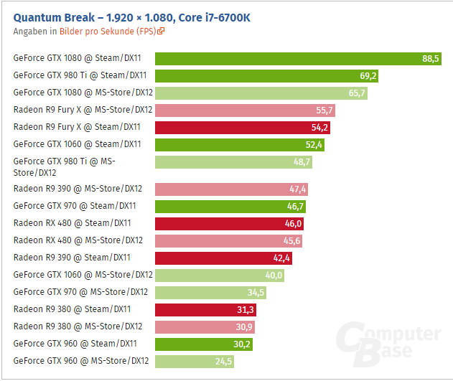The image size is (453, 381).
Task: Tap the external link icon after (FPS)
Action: tap(162, 31)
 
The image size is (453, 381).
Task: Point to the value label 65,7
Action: tap(357, 93)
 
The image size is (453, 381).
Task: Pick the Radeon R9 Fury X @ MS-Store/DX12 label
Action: tap(83, 110)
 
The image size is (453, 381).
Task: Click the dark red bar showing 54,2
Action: tap(243, 127)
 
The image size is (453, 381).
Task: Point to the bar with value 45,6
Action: tap(229, 240)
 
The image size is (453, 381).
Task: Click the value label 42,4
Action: tap(281, 258)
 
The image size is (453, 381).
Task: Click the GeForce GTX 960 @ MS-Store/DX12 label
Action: tap(81, 361)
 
